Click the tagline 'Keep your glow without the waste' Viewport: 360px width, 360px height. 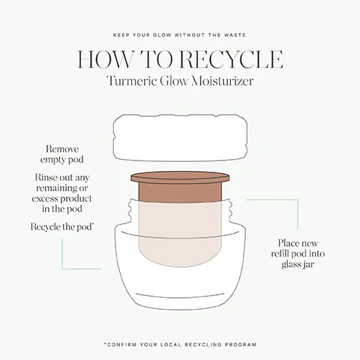(180, 36)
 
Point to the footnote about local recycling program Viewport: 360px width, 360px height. (180, 344)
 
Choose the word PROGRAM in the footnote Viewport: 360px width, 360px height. (241, 344)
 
